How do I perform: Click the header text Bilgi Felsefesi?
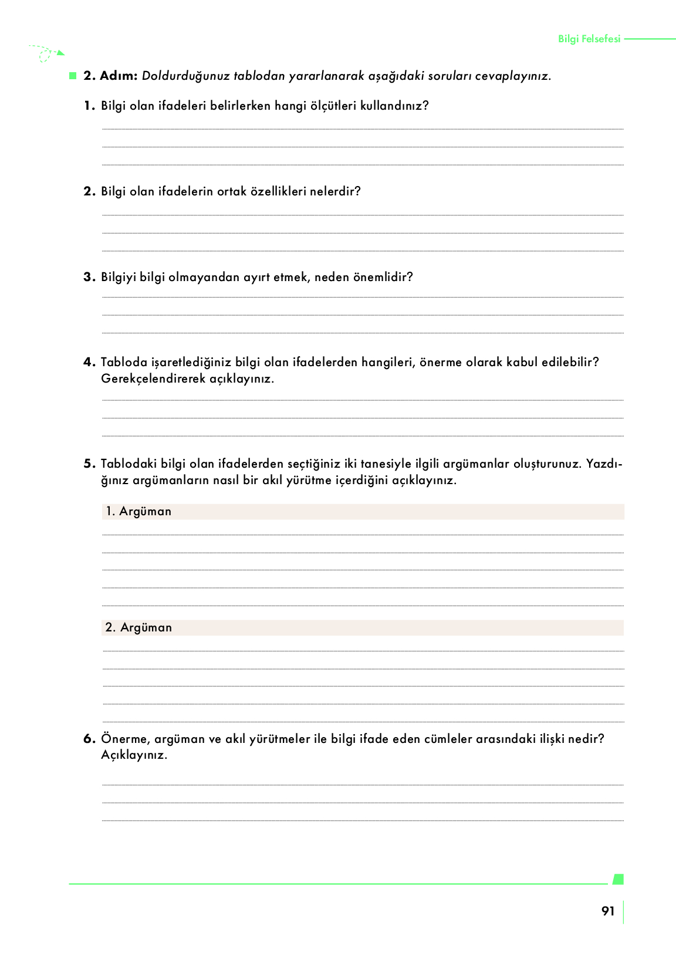pos(589,39)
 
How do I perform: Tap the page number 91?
pos(608,911)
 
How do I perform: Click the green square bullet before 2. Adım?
pos(73,76)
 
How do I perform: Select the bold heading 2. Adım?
pos(110,76)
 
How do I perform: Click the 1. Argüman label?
pos(138,511)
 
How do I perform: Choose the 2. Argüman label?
pos(138,627)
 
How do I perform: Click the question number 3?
pos(89,277)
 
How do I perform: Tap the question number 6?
pos(89,739)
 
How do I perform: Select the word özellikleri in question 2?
pos(278,191)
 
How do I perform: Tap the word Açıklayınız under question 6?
pos(134,755)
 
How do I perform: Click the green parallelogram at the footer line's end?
pos(617,879)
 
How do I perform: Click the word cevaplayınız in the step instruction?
pos(512,76)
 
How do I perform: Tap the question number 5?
pos(89,464)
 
